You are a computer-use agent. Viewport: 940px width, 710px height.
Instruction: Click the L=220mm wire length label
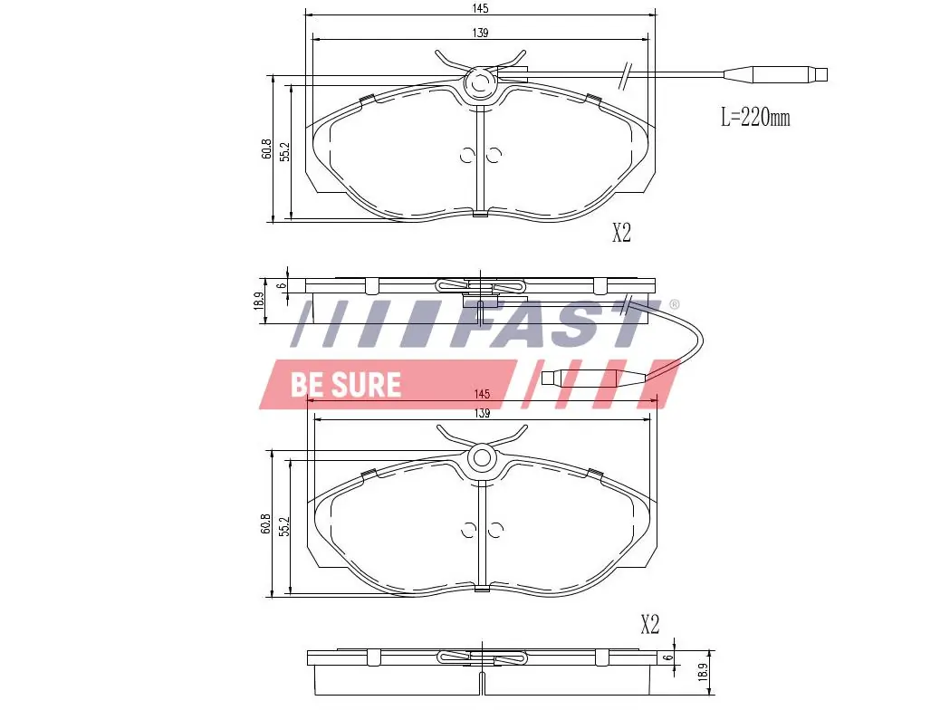click(754, 117)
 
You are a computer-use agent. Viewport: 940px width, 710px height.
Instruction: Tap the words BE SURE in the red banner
click(345, 384)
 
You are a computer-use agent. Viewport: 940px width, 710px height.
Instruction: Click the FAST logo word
click(561, 323)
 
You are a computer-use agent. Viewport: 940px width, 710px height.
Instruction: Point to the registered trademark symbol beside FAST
click(674, 305)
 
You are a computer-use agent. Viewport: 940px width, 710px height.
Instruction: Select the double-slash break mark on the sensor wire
click(624, 74)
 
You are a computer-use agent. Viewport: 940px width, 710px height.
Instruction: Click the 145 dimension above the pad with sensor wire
click(480, 8)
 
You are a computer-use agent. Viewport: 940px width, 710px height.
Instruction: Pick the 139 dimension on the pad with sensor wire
click(480, 33)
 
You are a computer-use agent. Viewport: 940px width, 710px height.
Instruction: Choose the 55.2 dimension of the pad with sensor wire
click(284, 151)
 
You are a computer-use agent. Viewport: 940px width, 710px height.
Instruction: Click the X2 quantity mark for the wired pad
click(620, 234)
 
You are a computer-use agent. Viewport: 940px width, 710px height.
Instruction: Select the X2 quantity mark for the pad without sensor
click(649, 624)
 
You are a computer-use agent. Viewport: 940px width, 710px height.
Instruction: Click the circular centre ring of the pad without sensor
click(481, 458)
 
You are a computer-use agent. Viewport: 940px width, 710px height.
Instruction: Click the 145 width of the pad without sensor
click(481, 394)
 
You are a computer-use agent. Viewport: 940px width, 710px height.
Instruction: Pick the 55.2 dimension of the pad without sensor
click(284, 527)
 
